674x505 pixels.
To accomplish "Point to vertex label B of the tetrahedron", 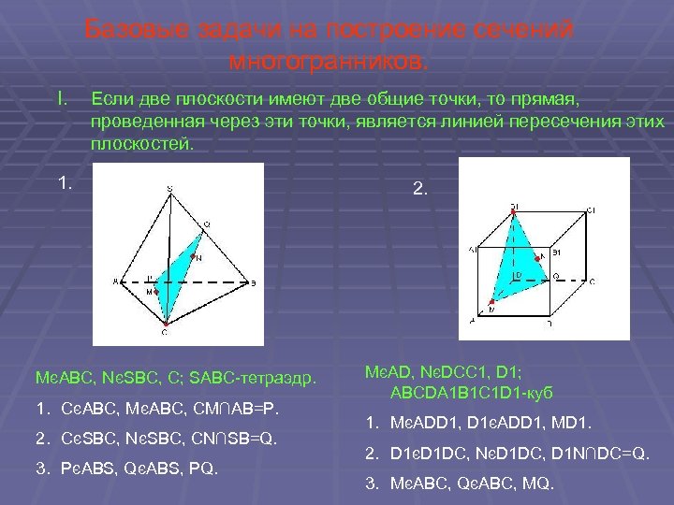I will (x=253, y=281).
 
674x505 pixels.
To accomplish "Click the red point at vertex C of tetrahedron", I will (x=165, y=325).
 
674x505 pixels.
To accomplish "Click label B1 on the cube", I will (x=556, y=252).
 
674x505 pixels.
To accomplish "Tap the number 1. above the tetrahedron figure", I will (x=64, y=182).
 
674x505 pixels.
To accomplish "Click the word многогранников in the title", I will (x=329, y=63).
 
